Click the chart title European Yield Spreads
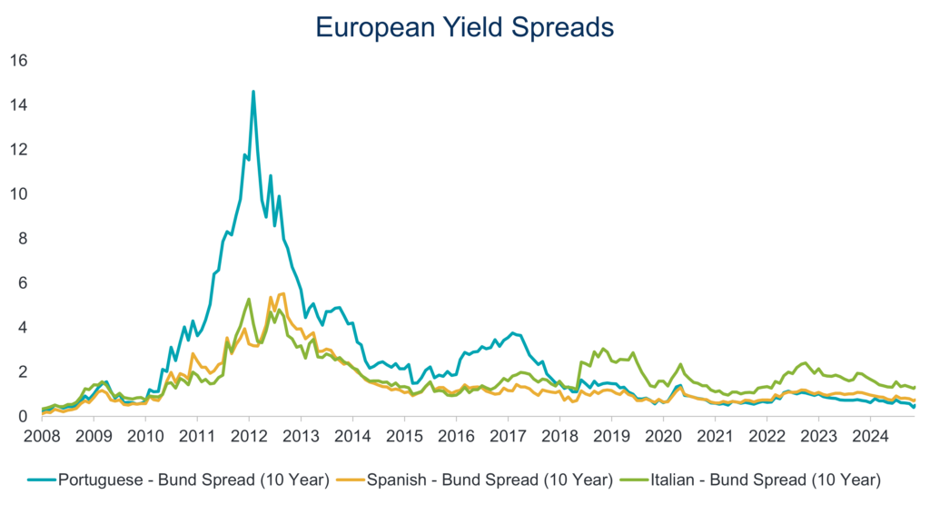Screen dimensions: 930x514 pos(464,27)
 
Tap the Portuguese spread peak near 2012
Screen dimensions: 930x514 pos(253,92)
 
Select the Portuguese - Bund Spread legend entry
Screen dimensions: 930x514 pos(179,479)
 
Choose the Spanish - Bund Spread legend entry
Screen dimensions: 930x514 pos(474,479)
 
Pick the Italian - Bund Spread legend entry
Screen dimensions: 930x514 pos(750,479)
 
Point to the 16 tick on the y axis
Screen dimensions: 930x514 pos(19,61)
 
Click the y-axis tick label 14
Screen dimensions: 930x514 pos(19,105)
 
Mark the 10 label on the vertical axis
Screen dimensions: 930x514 pos(19,193)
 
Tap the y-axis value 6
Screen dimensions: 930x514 pos(23,282)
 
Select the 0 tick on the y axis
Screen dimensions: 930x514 pos(23,416)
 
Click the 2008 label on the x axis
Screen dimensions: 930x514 pos(42,436)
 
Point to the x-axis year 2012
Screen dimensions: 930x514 pos(249,436)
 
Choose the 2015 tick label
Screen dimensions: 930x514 pos(404,436)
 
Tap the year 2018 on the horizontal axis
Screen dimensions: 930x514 pos(559,436)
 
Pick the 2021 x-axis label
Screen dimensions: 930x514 pos(716,436)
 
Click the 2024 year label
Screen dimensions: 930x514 pos(871,436)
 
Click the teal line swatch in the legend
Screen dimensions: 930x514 pos(42,479)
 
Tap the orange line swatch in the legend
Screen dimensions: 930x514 pos(351,479)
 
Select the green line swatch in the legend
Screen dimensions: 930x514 pos(634,479)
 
